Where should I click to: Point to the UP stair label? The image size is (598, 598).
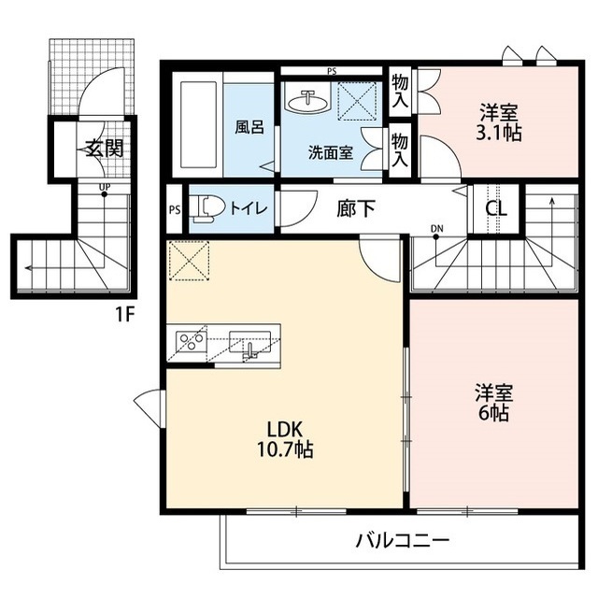[106, 185]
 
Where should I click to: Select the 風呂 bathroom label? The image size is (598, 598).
[249, 127]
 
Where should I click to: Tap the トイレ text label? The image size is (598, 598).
[246, 209]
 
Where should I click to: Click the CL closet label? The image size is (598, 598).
[495, 207]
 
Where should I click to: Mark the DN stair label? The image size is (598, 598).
[436, 228]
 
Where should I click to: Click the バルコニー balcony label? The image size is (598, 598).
[403, 540]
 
